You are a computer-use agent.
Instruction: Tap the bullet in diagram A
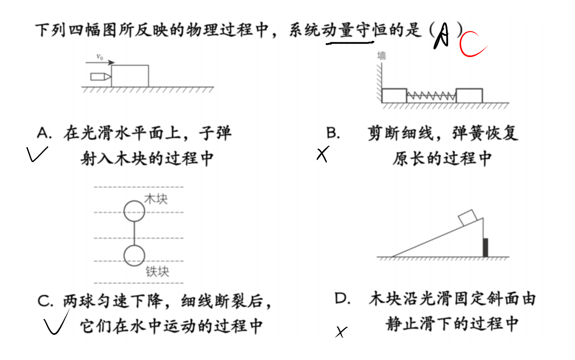click(x=100, y=77)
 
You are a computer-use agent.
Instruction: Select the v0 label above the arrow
click(x=100, y=56)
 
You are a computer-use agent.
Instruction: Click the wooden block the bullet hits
click(x=130, y=76)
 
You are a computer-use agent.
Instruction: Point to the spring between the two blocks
click(x=431, y=96)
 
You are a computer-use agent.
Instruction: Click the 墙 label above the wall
click(x=381, y=56)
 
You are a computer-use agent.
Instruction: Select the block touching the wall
click(x=394, y=96)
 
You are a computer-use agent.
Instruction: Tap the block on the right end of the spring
click(x=469, y=96)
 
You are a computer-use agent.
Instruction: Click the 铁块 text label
click(x=157, y=271)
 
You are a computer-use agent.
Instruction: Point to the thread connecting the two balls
click(x=134, y=233)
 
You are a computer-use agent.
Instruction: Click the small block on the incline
click(x=468, y=218)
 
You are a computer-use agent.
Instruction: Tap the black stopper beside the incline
click(x=485, y=248)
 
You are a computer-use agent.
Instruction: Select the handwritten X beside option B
click(x=323, y=154)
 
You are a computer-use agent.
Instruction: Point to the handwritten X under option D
click(x=341, y=332)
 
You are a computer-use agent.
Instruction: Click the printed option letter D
click(x=343, y=299)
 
